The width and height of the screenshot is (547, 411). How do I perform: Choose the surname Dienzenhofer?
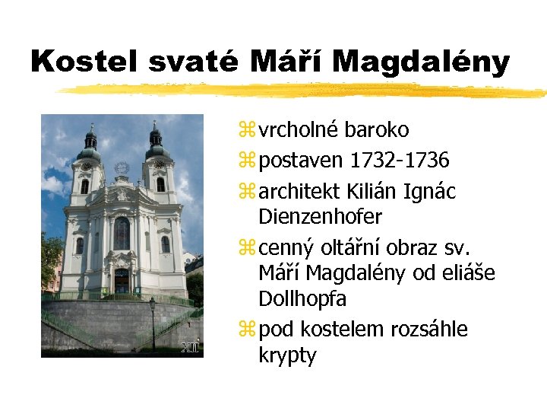(320, 217)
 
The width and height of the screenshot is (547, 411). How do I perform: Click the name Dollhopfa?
(302, 298)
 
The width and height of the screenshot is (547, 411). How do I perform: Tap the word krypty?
(287, 355)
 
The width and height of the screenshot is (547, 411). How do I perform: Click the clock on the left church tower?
(87, 165)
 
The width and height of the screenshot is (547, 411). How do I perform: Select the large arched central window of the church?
(122, 233)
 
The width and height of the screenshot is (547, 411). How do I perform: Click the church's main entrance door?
(122, 282)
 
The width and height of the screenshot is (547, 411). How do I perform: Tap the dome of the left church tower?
(90, 142)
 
